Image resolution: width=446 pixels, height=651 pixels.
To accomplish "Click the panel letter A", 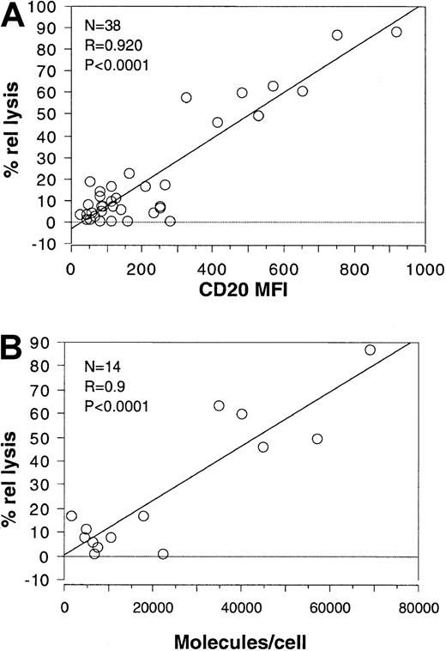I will coord(15,17).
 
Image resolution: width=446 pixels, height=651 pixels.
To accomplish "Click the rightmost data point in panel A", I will coord(396,32).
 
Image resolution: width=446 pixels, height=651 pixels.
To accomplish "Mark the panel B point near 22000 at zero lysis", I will coord(163,554).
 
